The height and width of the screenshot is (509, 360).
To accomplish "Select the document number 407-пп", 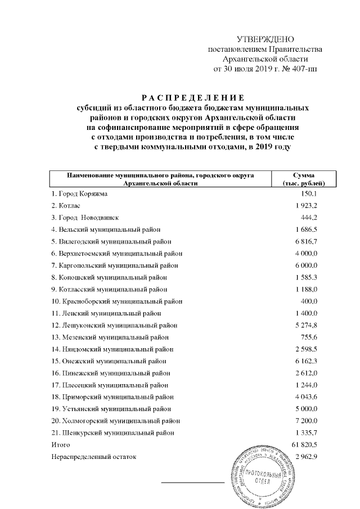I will pyautogui.click(x=303, y=69).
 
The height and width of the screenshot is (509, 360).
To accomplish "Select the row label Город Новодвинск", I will pyautogui.click(x=85, y=217).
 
